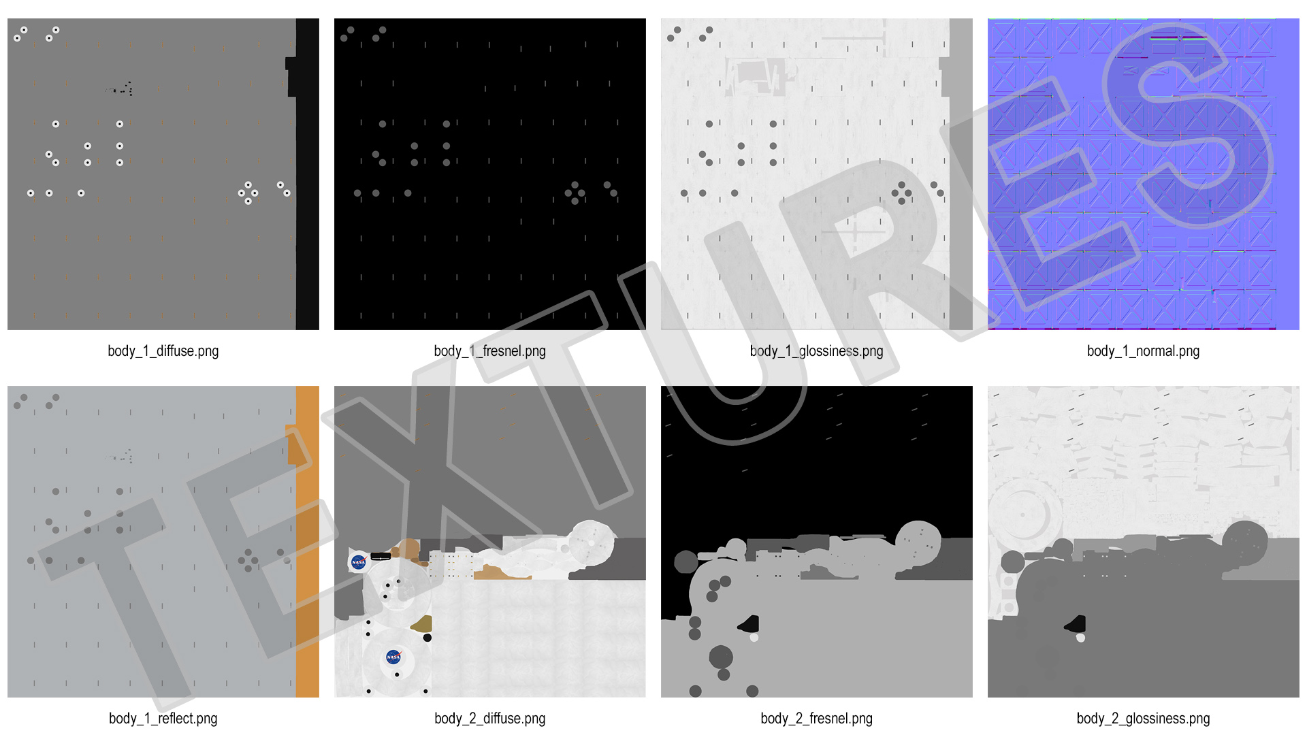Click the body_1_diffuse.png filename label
(x=163, y=351)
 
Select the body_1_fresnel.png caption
(x=490, y=351)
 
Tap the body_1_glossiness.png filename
(x=817, y=351)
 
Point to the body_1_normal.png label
(x=1144, y=351)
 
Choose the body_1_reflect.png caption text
(x=163, y=719)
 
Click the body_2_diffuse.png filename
(x=490, y=719)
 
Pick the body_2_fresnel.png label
(x=817, y=719)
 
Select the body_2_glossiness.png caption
(x=1144, y=719)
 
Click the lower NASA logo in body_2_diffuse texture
(x=393, y=657)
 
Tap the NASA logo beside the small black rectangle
(x=359, y=562)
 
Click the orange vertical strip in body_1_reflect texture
(x=307, y=542)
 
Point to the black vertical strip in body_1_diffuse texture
(x=307, y=174)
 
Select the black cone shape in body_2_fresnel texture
(x=749, y=624)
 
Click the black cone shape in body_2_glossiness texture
(x=1076, y=624)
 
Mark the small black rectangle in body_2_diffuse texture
(x=381, y=557)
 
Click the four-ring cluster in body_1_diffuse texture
(x=248, y=193)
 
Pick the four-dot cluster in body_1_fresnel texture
(x=575, y=193)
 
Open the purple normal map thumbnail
(x=1144, y=174)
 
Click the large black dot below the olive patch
(x=427, y=638)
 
